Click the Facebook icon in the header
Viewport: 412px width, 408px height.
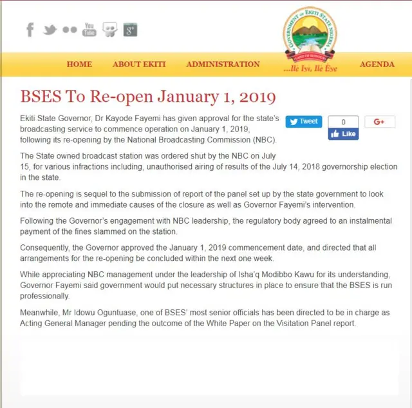click(30, 30)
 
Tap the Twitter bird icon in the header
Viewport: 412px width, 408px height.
click(50, 30)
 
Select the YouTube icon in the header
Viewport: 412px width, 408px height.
click(89, 30)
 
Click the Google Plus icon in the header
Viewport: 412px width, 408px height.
click(130, 30)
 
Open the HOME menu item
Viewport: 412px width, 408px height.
click(79, 64)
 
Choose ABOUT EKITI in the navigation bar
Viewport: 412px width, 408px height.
click(139, 64)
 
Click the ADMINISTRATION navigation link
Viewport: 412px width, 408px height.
click(223, 64)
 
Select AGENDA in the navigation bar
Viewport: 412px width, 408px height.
click(377, 64)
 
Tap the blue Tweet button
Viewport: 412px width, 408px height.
click(303, 121)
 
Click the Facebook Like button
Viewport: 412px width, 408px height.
click(343, 134)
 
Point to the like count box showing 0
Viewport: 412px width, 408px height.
click(343, 121)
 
